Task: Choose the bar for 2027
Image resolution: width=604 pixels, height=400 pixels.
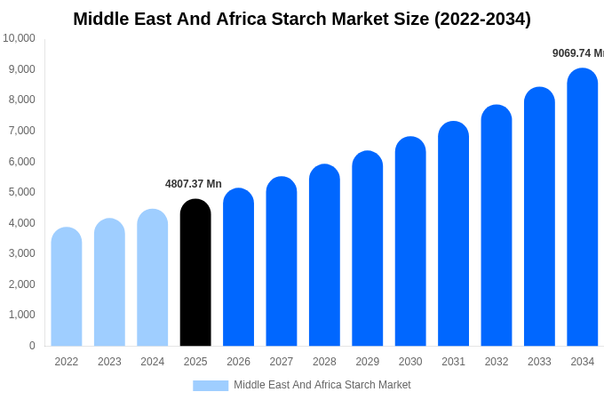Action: [282, 261]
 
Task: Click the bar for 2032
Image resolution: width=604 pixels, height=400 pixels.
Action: [497, 226]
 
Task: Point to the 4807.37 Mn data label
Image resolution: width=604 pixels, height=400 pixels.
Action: [194, 184]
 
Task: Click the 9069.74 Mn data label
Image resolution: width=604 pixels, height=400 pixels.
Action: [577, 53]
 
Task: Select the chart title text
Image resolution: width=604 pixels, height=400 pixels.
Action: [302, 19]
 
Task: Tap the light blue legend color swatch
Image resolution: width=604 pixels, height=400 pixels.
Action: [211, 385]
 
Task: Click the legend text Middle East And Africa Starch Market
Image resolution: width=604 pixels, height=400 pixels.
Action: [322, 385]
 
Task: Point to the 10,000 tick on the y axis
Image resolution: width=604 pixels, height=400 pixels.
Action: [19, 38]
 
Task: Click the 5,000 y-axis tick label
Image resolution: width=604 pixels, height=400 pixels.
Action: [21, 192]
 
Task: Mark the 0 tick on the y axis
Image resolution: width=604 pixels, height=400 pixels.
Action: [32, 346]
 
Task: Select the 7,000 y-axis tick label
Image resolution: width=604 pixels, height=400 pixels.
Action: [21, 131]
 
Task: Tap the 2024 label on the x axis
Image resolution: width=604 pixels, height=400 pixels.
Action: [153, 362]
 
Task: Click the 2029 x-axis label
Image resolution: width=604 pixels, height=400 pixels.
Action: [368, 362]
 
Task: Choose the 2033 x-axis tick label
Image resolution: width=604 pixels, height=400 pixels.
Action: [539, 362]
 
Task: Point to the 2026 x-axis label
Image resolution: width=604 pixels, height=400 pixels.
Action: [238, 362]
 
